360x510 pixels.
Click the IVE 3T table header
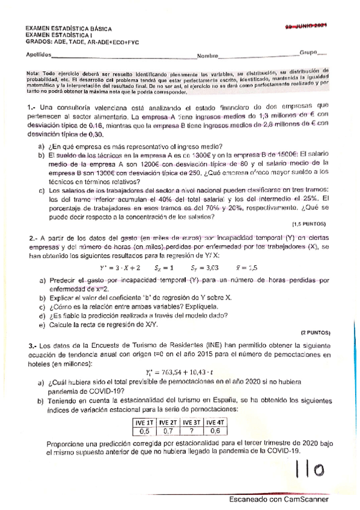pyautogui.click(x=192, y=422)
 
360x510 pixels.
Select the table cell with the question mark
pyautogui.click(x=192, y=431)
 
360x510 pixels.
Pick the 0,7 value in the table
pyautogui.click(x=168, y=431)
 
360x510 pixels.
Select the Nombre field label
pyautogui.click(x=207, y=56)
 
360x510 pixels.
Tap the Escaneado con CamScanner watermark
pyautogui.click(x=278, y=499)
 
